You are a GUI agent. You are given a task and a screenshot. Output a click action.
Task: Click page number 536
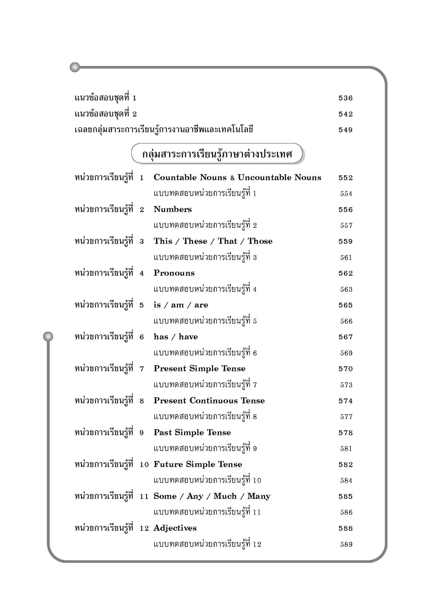pos(345,98)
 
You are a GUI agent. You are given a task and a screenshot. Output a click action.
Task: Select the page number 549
pos(345,130)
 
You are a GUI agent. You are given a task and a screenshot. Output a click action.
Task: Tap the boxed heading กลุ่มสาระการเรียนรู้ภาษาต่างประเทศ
pos(217,154)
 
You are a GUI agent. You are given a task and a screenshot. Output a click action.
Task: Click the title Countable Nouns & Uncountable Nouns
pos(237,178)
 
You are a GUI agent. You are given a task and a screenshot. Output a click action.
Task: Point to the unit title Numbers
pos(173,209)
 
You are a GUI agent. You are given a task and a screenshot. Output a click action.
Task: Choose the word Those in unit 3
pos(260,241)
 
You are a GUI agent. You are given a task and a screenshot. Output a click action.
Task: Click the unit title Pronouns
pos(174,273)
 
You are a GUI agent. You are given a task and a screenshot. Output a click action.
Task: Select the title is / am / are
pos(181,305)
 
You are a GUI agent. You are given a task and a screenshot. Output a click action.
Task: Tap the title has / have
pos(176,337)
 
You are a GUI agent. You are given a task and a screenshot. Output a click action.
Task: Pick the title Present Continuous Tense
pos(209,401)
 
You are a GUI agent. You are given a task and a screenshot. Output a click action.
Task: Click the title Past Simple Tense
pos(192,433)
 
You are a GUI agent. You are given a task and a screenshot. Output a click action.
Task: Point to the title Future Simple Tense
pos(198,464)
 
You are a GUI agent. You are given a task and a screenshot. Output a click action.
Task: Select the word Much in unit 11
pos(225,496)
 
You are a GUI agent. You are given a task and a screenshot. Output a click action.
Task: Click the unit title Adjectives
pos(175,528)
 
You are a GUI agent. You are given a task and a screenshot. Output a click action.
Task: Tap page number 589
pos(346,544)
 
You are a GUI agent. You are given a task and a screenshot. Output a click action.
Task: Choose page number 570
pos(345,369)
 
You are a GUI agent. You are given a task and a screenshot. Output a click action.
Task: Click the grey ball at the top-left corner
pos(75,67)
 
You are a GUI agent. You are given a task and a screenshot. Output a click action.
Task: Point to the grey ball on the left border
pos(48,337)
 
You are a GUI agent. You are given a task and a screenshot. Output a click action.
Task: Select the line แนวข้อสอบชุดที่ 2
pos(106,114)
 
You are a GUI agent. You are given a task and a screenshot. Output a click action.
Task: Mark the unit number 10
pos(144,465)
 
